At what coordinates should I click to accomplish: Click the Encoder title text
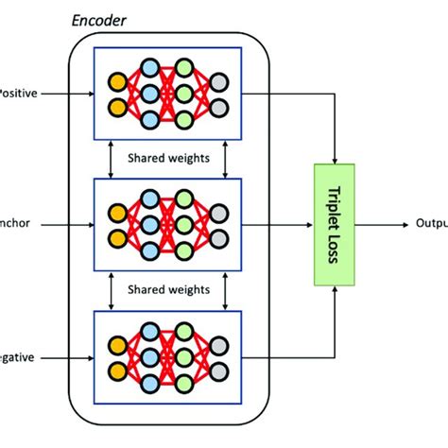(x=99, y=20)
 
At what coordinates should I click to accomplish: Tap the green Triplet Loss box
(x=338, y=225)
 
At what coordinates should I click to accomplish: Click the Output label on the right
(x=430, y=225)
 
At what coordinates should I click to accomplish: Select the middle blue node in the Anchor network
(x=148, y=226)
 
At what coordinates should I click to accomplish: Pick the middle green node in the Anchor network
(x=185, y=226)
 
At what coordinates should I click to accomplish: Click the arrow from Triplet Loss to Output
(x=388, y=225)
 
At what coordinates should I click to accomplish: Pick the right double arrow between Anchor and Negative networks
(x=225, y=292)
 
